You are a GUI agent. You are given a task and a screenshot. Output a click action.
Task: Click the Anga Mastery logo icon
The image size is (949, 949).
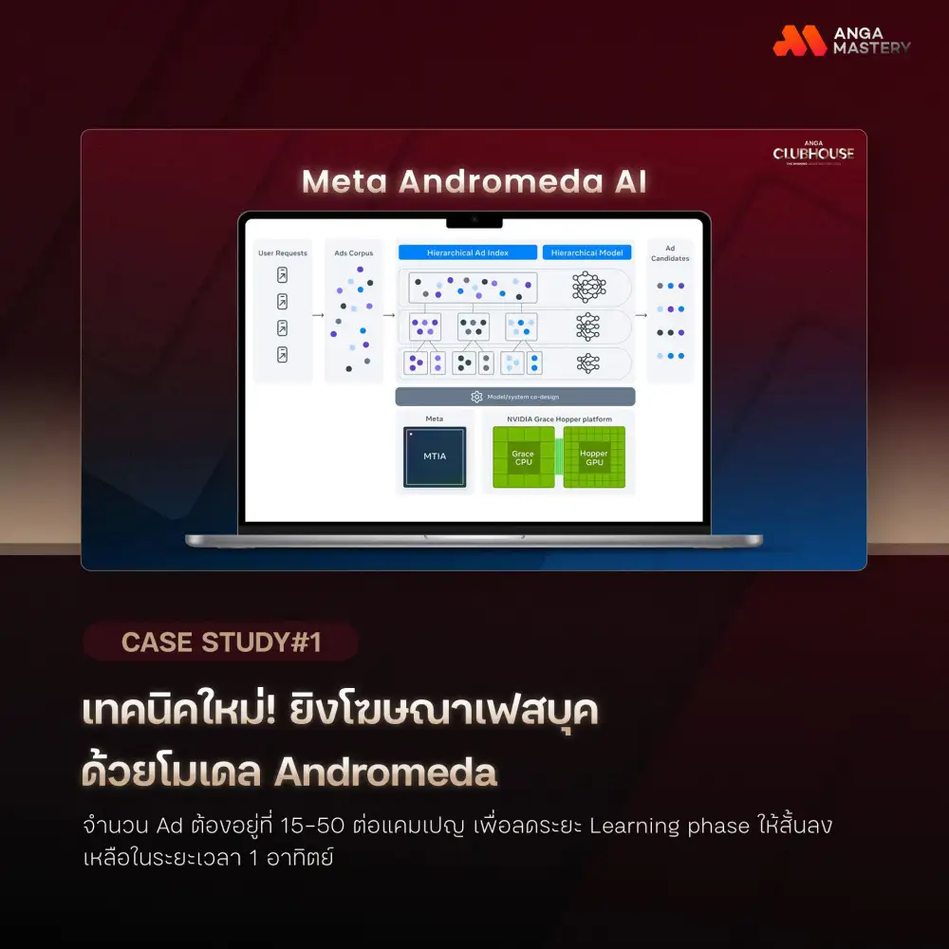pyautogui.click(x=800, y=40)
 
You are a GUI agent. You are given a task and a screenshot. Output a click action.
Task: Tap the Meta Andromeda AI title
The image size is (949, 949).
pyautogui.click(x=474, y=181)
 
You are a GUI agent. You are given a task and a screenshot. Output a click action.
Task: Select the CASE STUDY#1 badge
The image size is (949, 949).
pyautogui.click(x=220, y=642)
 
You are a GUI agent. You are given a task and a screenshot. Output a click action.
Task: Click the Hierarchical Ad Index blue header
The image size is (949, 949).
pyautogui.click(x=467, y=252)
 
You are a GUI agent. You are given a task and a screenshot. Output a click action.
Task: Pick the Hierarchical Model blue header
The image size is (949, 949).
pyautogui.click(x=586, y=252)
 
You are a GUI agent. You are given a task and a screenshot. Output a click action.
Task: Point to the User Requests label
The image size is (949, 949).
pyautogui.click(x=283, y=253)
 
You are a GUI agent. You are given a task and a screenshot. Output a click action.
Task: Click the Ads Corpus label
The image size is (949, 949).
pyautogui.click(x=354, y=253)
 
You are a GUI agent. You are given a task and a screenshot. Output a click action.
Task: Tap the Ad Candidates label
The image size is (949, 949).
pyautogui.click(x=670, y=253)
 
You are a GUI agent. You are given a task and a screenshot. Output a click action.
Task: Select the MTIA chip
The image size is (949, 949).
pyautogui.click(x=434, y=456)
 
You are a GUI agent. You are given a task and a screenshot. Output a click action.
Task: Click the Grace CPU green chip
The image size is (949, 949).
pyautogui.click(x=523, y=457)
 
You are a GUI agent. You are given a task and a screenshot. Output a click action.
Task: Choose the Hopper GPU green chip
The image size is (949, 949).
pyautogui.click(x=593, y=457)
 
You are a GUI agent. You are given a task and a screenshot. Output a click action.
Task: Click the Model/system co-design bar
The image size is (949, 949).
pyautogui.click(x=514, y=397)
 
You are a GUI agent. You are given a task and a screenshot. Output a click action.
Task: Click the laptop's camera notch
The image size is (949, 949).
pyautogui.click(x=474, y=221)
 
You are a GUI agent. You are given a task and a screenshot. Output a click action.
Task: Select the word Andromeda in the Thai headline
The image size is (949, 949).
pyautogui.click(x=385, y=772)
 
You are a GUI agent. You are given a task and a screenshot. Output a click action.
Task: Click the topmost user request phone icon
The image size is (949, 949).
pyautogui.click(x=282, y=275)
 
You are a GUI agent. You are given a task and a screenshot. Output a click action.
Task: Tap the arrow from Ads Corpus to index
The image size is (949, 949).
pyautogui.click(x=389, y=312)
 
